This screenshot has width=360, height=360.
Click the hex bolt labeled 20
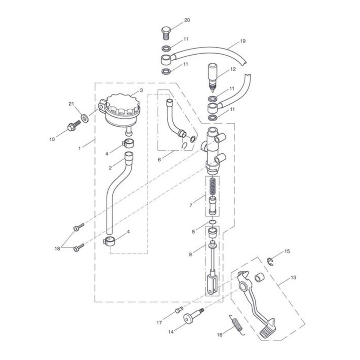[x=166, y=33]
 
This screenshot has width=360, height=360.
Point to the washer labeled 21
[x=85, y=118]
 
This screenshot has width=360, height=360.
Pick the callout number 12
[x=233, y=69]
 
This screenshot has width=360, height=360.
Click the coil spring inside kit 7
[x=212, y=187]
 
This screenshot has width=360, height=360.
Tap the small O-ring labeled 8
[x=213, y=222]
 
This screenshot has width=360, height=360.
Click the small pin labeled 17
[x=179, y=310]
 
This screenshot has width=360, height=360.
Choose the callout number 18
[x=57, y=249]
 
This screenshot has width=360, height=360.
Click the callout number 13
[x=293, y=277]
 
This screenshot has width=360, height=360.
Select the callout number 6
[x=159, y=160]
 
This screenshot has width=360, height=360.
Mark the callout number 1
[x=80, y=148]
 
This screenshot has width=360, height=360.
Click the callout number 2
[x=110, y=168]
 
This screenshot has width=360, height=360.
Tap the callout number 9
[x=190, y=254]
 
